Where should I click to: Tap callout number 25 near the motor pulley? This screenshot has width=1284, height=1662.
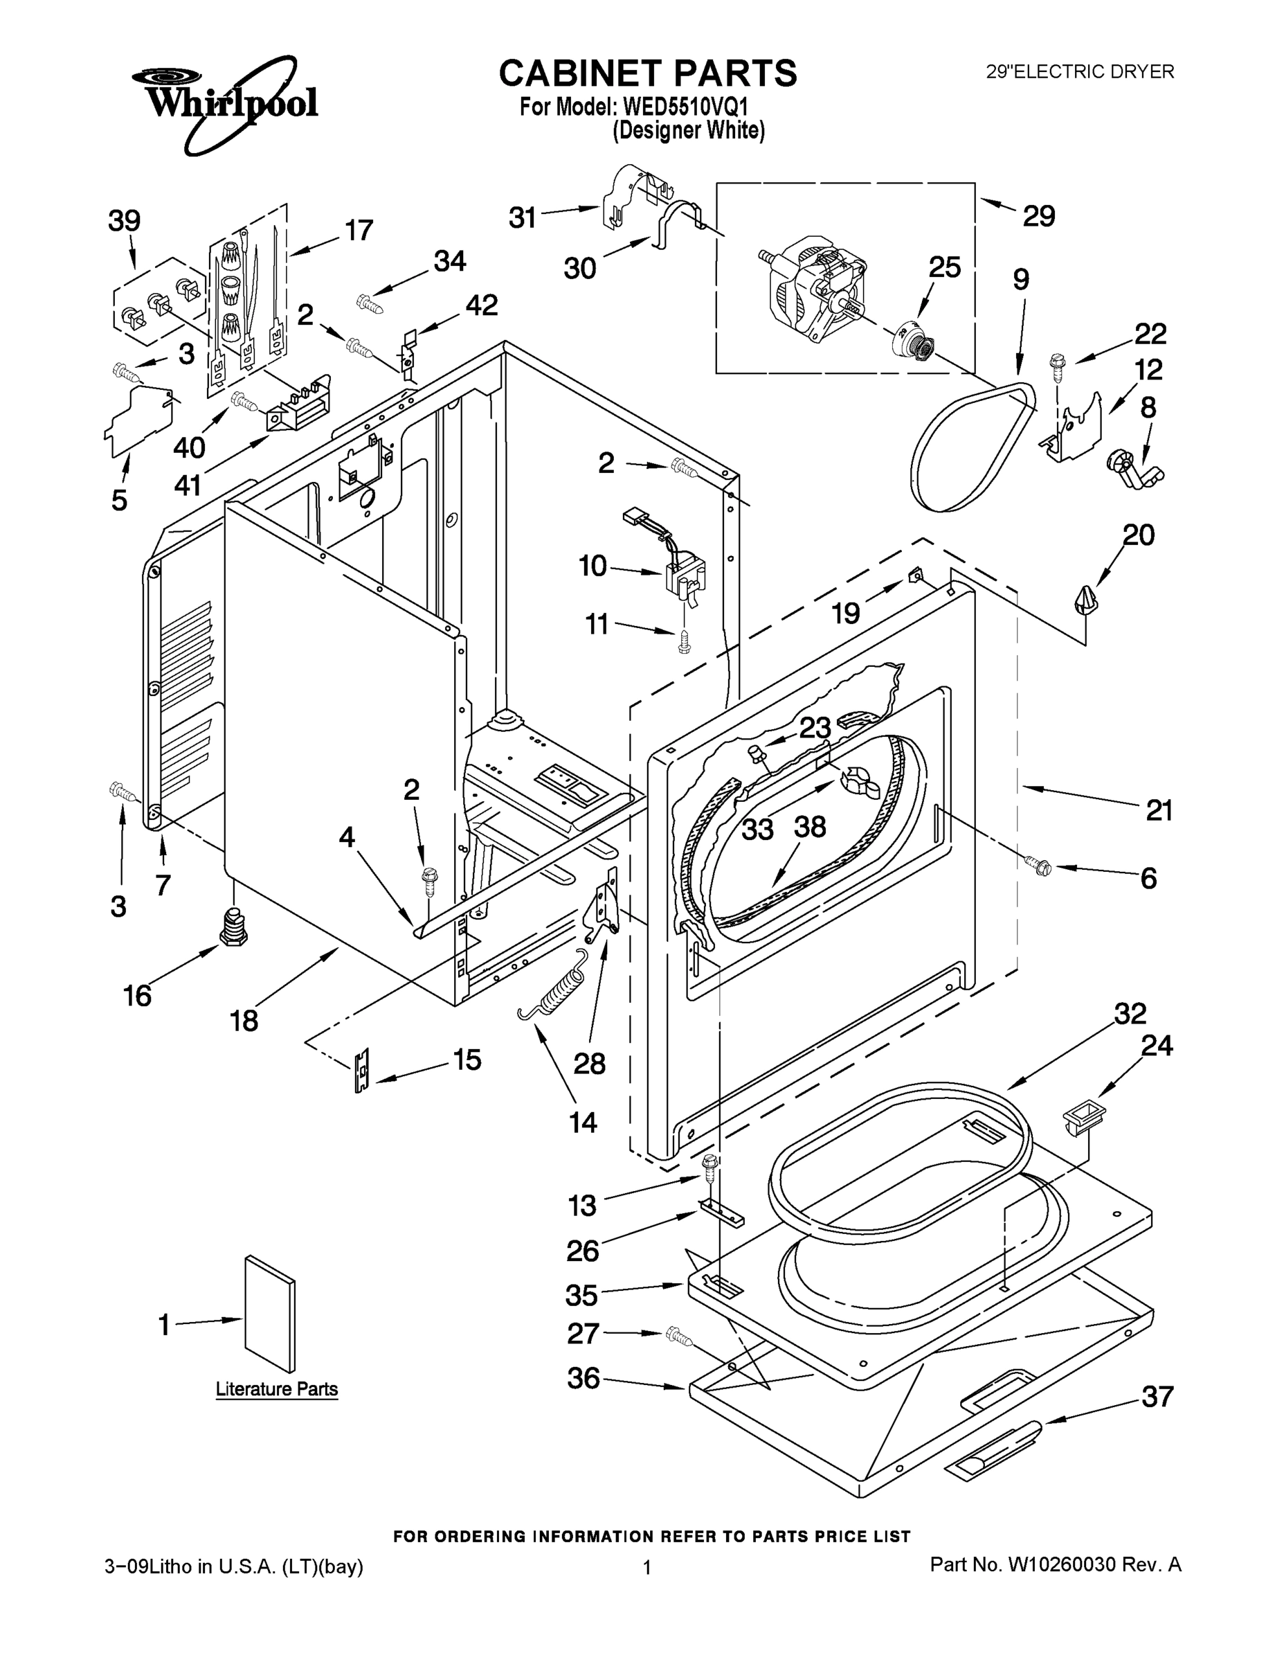pyautogui.click(x=944, y=267)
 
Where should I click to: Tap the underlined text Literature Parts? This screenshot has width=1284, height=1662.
pyautogui.click(x=276, y=1388)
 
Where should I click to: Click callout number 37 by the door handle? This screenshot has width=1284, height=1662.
pyautogui.click(x=1157, y=1396)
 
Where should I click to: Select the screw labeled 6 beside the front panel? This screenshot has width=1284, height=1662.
pyautogui.click(x=1037, y=863)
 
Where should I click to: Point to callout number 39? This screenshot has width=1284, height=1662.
pyautogui.click(x=124, y=221)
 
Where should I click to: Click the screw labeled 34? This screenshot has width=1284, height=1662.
pyautogui.click(x=370, y=303)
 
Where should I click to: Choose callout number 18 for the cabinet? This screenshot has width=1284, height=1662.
pyautogui.click(x=244, y=1021)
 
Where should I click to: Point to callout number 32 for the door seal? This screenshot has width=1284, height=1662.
pyautogui.click(x=1130, y=1014)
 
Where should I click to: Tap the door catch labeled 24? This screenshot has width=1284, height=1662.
pyautogui.click(x=1082, y=1118)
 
